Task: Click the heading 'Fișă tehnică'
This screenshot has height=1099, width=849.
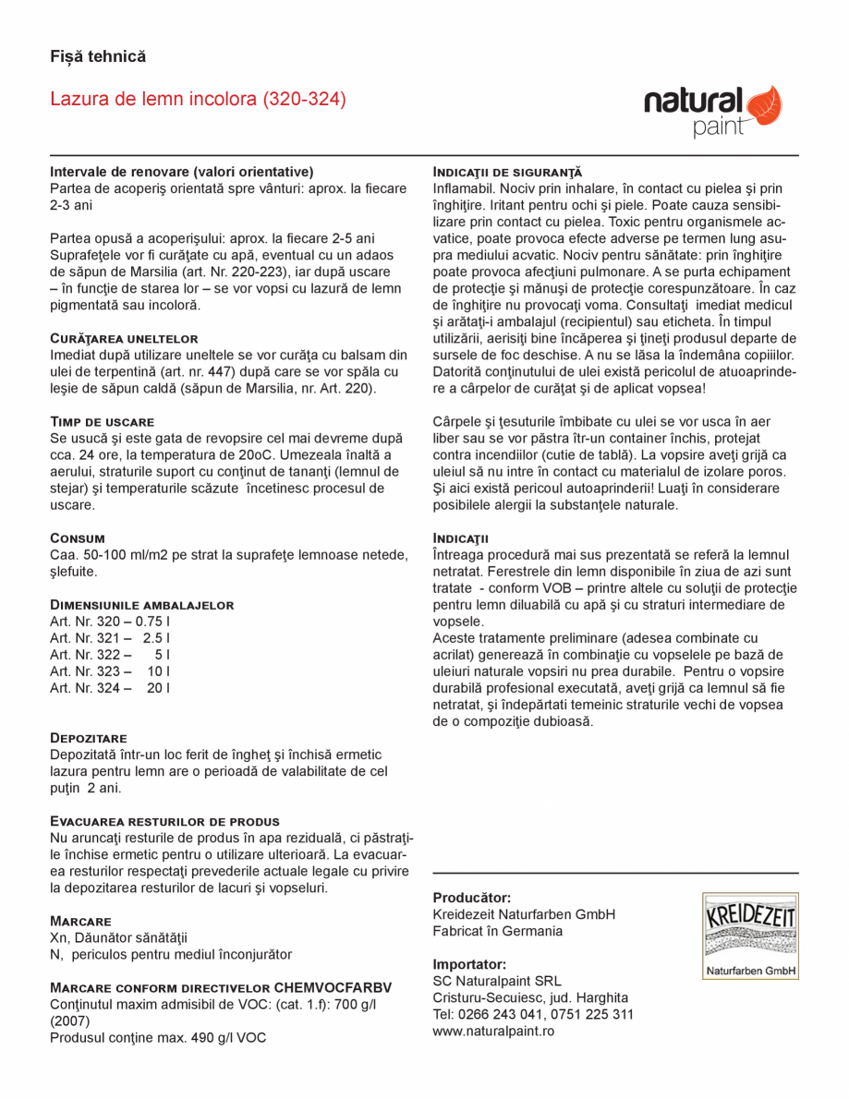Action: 98,57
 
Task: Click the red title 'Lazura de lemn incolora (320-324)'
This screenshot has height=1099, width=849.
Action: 198,99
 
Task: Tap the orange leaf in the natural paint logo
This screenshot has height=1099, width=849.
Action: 763,105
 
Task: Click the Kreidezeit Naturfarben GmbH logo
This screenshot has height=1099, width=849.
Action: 749,936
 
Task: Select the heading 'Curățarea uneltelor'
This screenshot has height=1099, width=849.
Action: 124,339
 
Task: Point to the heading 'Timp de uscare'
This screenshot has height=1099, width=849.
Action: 102,422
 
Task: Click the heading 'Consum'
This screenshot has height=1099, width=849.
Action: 78,537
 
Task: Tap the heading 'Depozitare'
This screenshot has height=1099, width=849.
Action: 88,739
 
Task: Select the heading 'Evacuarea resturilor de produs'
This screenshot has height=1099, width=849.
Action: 164,821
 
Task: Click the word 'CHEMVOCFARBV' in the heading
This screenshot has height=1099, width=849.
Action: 334,987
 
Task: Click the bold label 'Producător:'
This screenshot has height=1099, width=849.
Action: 471,898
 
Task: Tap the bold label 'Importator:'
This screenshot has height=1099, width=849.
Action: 469,964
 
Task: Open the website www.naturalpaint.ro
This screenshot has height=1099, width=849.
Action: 493,1031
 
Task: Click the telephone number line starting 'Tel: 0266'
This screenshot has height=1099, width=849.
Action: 533,1014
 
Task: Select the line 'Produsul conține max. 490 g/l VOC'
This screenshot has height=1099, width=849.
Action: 158,1038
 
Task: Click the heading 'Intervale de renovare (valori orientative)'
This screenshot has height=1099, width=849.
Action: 182,172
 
